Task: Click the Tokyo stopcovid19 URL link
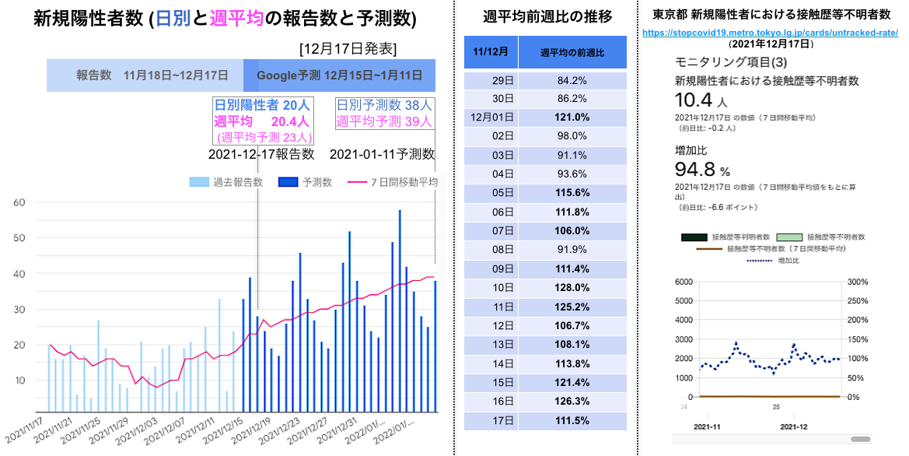click(x=770, y=33)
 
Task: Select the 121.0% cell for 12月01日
click(x=572, y=118)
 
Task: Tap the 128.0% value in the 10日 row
click(x=572, y=288)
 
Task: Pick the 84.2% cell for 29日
click(x=572, y=80)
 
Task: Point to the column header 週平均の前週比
click(x=572, y=52)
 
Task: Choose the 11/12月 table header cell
click(x=491, y=52)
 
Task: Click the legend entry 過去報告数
click(x=226, y=182)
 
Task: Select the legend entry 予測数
click(x=305, y=182)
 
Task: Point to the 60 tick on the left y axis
click(x=19, y=202)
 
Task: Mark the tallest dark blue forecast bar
click(x=400, y=311)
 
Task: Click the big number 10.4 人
click(x=701, y=100)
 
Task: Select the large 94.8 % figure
click(x=702, y=170)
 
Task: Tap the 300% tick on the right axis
click(x=858, y=282)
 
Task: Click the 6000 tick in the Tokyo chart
click(x=684, y=282)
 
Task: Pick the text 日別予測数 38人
click(x=384, y=105)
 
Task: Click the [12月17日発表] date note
click(x=348, y=49)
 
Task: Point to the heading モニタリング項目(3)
click(x=730, y=62)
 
